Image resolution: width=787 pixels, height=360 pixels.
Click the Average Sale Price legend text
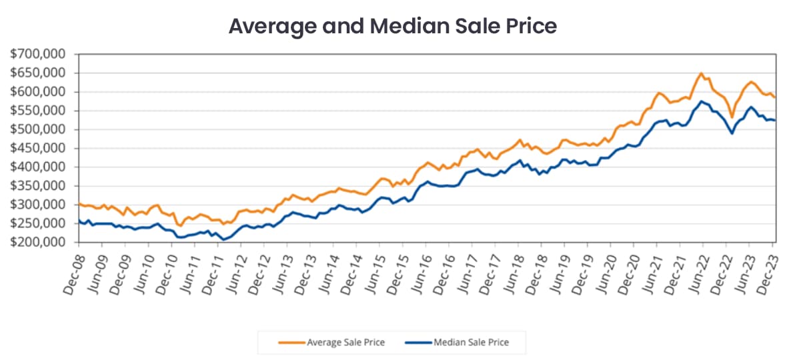coord(345,343)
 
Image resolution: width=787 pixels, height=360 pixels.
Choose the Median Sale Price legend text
coord(471,343)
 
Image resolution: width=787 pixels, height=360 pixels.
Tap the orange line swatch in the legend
coord(291,343)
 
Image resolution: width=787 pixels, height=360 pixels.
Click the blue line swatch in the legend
coord(418,343)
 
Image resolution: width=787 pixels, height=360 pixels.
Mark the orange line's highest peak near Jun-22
coord(701,73)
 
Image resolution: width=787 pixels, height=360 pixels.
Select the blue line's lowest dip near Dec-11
coord(223,239)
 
